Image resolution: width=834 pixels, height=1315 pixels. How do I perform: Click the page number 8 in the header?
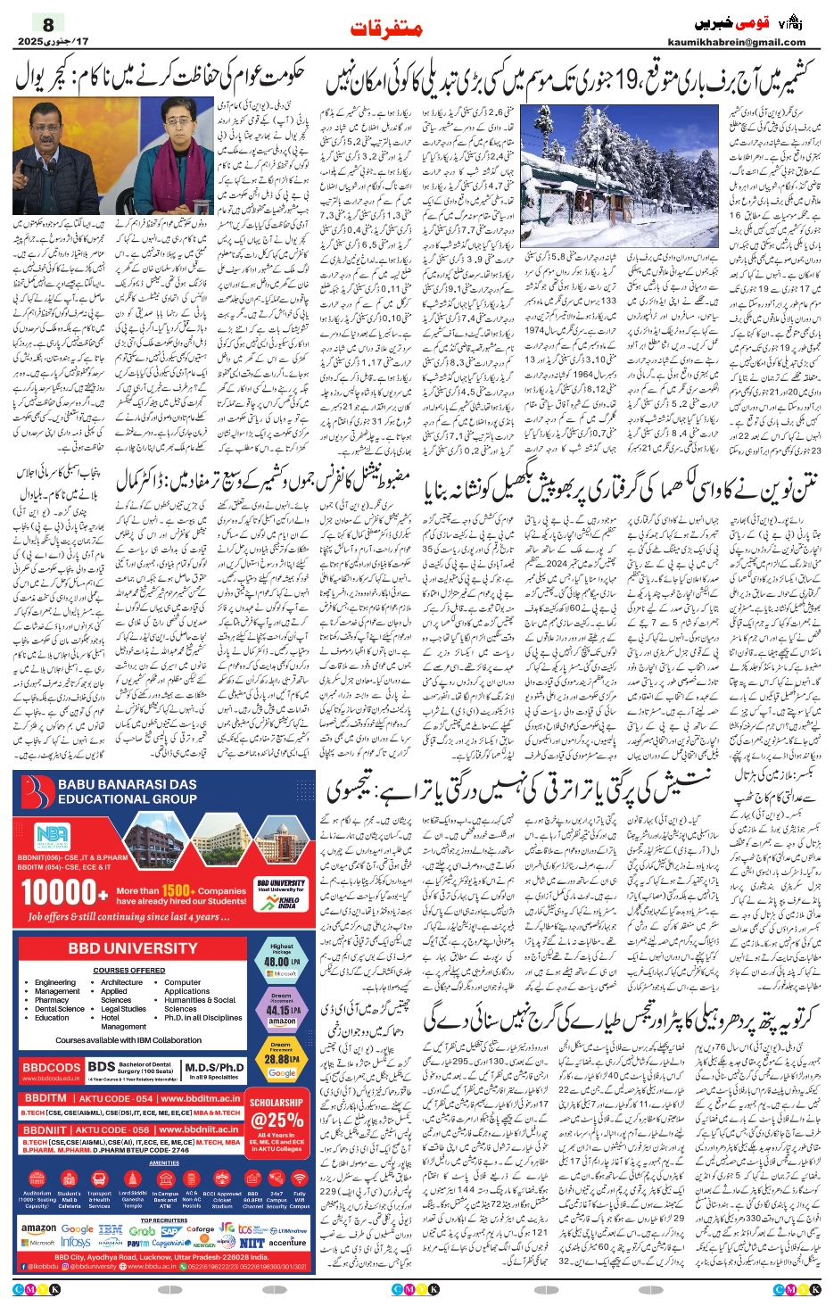point(48,23)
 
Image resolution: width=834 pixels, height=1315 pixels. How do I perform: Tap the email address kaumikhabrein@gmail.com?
point(736,42)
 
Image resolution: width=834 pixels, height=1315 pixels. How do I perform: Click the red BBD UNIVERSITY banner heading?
point(133,947)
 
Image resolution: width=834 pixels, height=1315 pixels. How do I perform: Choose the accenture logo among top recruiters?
point(287,1242)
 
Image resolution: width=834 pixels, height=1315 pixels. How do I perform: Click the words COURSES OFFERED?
point(128,971)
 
